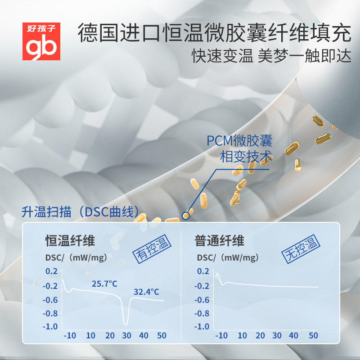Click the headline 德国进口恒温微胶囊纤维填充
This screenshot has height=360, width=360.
tap(214, 33)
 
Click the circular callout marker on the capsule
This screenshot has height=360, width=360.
tap(185, 216)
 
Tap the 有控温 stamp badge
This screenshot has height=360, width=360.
tap(151, 248)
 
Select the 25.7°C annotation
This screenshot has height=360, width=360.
tap(104, 284)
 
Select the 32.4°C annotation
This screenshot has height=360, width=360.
tap(146, 292)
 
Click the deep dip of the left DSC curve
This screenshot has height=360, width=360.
tap(126, 323)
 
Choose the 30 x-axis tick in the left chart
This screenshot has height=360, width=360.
tap(126, 336)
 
